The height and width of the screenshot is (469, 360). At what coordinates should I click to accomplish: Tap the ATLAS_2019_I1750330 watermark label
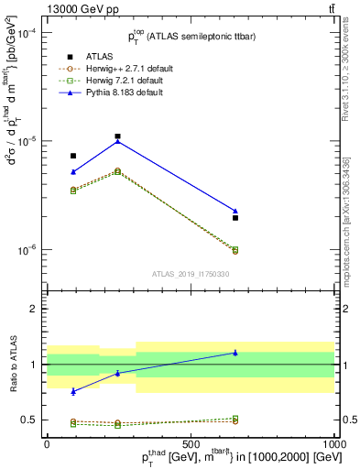[x=191, y=274]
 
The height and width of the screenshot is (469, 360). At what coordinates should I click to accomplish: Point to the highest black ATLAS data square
[x=118, y=136]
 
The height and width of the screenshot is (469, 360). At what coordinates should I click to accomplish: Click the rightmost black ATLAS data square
[x=235, y=218]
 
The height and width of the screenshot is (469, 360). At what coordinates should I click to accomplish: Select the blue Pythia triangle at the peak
[x=118, y=141]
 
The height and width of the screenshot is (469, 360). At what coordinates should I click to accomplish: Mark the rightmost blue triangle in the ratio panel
[x=235, y=353]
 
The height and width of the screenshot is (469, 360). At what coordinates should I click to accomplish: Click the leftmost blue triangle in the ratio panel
[x=73, y=391]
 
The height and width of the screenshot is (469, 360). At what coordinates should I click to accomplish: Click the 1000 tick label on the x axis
[x=335, y=443]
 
